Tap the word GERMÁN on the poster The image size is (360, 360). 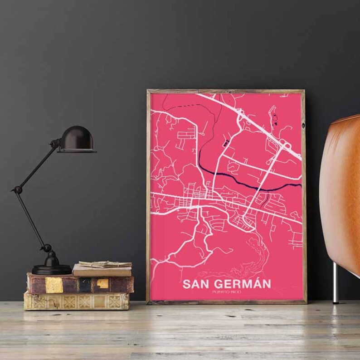point(242,284)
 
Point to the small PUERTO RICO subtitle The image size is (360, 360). point(226,292)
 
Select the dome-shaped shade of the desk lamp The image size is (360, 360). point(78,138)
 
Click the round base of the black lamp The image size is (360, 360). point(51,269)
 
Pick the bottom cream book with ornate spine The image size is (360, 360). point(76,301)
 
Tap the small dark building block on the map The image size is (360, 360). point(225,144)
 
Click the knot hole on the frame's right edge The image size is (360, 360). point(303,124)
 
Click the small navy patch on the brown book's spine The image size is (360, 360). point(84,284)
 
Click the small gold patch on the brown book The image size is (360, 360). point(102,284)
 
